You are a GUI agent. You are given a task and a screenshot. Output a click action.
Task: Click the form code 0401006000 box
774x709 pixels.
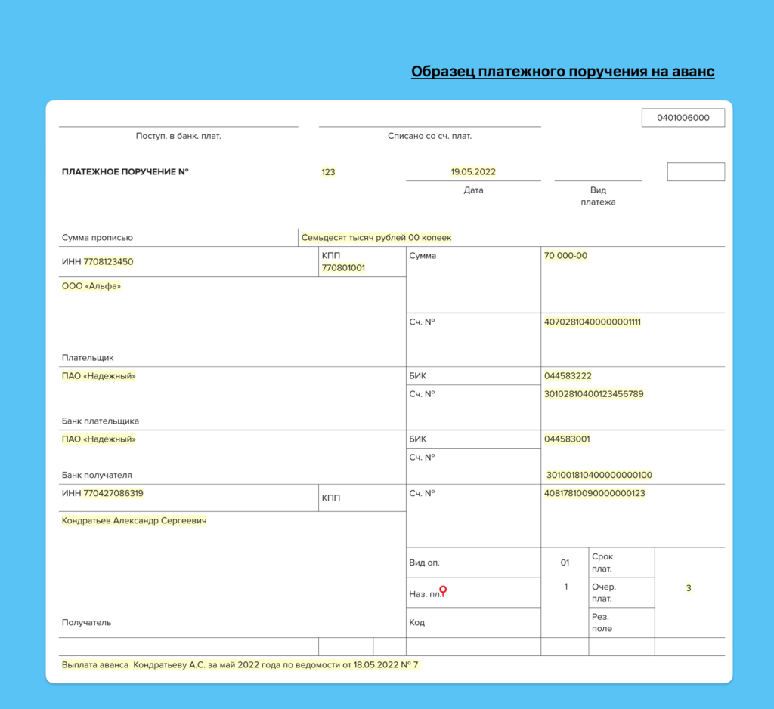point(683,118)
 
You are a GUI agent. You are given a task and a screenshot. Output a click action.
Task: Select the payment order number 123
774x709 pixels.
point(328,172)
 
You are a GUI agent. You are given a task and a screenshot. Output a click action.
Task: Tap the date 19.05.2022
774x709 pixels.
point(473,172)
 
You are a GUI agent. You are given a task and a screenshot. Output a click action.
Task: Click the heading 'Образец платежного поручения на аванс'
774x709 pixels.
point(562,72)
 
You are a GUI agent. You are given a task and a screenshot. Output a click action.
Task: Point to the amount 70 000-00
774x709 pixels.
point(565,256)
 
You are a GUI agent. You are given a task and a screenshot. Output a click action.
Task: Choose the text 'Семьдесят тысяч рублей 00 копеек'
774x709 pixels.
point(376,237)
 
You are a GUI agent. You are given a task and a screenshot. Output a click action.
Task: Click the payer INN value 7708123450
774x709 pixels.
point(108,262)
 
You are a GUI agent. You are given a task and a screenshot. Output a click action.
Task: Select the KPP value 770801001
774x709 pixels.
point(343,268)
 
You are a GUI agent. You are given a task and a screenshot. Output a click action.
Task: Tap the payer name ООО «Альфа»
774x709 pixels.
point(91,286)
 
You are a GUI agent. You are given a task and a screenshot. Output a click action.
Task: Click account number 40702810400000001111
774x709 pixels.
point(592,322)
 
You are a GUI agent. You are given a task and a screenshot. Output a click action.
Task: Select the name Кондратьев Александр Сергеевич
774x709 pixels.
point(134,521)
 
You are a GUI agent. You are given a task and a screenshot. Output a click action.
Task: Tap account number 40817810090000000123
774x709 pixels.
point(594,494)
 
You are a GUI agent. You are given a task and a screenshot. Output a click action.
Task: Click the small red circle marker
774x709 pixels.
point(443,590)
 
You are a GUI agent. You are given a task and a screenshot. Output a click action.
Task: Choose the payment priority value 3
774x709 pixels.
point(689,588)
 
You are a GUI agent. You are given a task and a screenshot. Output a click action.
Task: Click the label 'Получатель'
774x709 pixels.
point(86,623)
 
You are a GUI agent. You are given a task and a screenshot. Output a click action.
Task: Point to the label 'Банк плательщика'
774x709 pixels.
point(100,421)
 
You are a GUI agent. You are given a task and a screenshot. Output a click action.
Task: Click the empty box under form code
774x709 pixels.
point(695,172)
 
